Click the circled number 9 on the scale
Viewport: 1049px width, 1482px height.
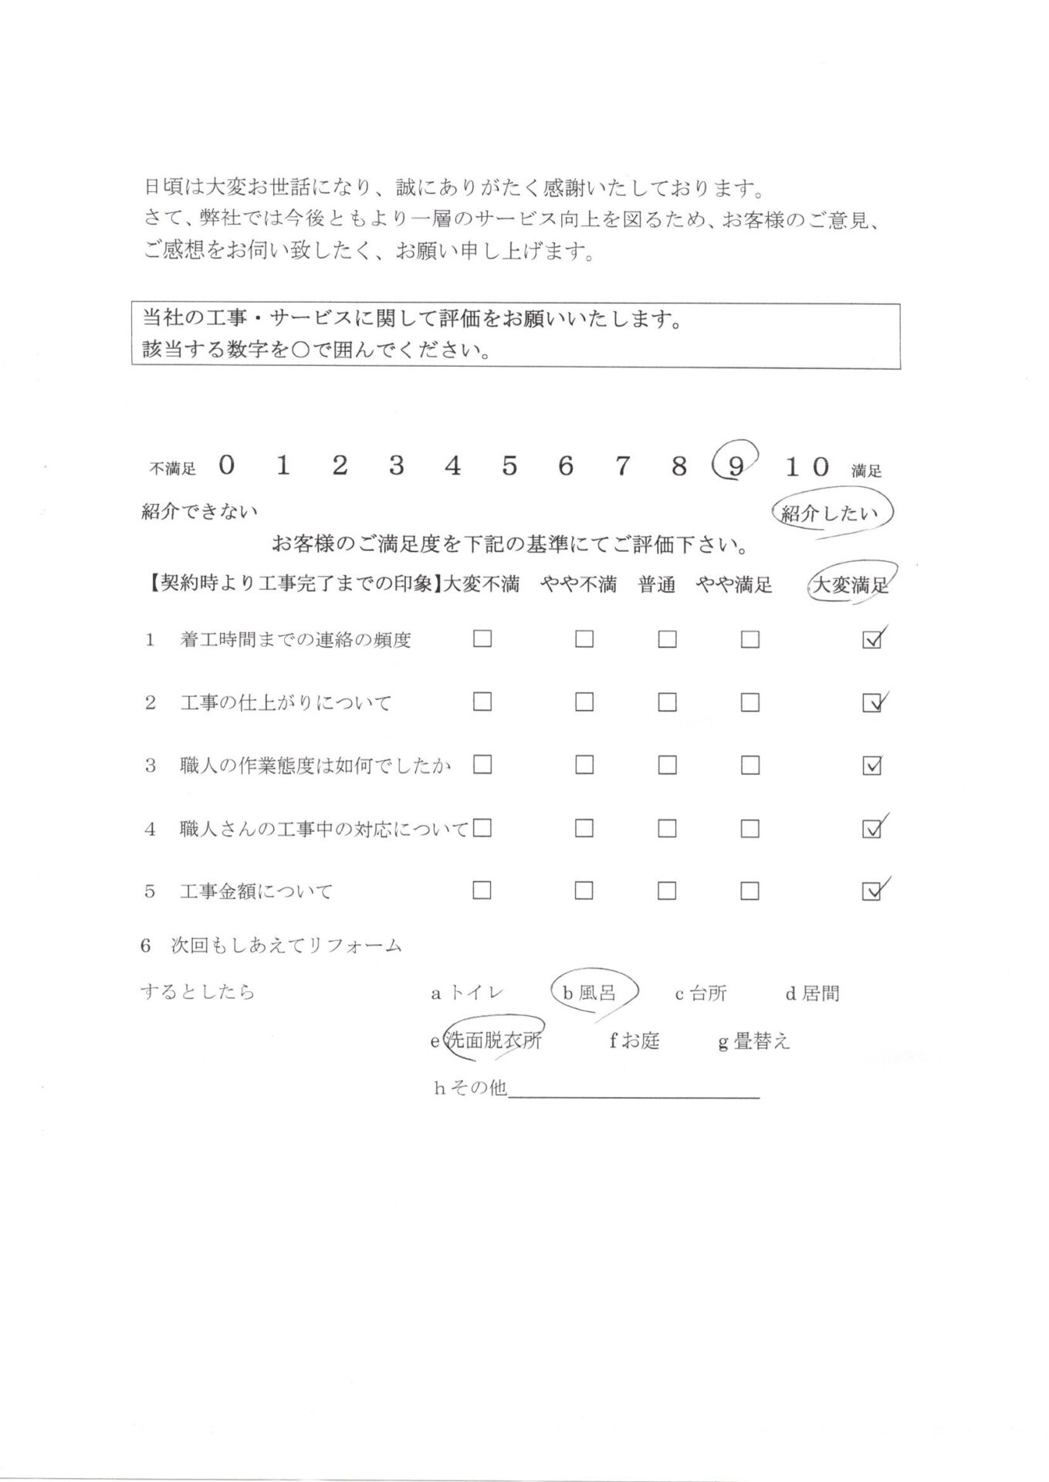pyautogui.click(x=736, y=465)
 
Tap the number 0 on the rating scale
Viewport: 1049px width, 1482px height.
pyautogui.click(x=226, y=465)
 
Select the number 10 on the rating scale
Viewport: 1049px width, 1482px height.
pyautogui.click(x=807, y=466)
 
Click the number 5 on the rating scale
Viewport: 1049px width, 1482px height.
pyautogui.click(x=509, y=465)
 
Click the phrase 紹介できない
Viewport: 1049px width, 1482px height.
pyautogui.click(x=199, y=511)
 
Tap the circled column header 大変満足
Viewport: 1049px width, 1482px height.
pyautogui.click(x=851, y=585)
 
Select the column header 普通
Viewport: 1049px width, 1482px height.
pyautogui.click(x=657, y=585)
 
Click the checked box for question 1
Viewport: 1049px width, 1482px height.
pyautogui.click(x=871, y=640)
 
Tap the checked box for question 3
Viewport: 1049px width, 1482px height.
pyautogui.click(x=871, y=766)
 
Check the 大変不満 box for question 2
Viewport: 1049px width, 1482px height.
pyautogui.click(x=482, y=702)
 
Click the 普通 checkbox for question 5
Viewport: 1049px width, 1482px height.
pyautogui.click(x=667, y=891)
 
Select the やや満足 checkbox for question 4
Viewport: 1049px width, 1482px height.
pyautogui.click(x=750, y=828)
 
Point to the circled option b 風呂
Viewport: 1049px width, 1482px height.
pyautogui.click(x=592, y=993)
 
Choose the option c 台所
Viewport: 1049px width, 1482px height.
pyautogui.click(x=700, y=993)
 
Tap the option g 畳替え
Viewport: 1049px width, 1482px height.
pyautogui.click(x=754, y=1041)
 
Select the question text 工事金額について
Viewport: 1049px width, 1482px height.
pyautogui.click(x=255, y=892)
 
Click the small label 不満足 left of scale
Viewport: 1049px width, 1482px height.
pyautogui.click(x=173, y=469)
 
